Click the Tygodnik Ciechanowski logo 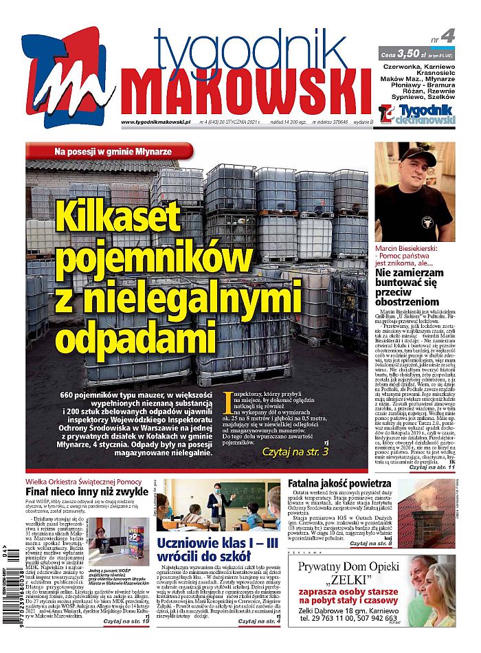[x=416, y=114]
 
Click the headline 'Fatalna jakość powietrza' [x=339, y=483]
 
